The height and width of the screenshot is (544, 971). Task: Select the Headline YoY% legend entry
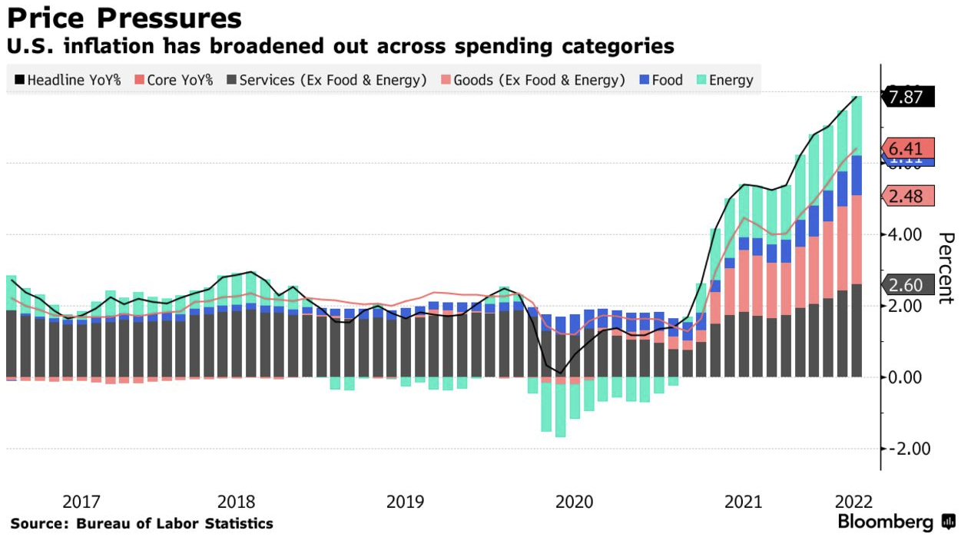[x=68, y=80]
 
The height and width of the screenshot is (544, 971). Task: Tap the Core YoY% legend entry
[x=174, y=80]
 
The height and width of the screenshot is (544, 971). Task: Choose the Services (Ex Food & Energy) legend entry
[x=326, y=80]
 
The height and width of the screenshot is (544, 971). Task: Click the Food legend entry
[x=661, y=80]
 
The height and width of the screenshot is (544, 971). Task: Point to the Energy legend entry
[x=724, y=80]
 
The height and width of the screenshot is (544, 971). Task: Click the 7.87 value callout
[x=909, y=97]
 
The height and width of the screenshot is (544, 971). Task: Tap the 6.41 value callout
[x=909, y=148]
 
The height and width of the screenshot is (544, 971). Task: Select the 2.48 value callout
[x=909, y=196]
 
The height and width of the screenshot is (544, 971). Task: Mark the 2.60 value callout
[x=909, y=285]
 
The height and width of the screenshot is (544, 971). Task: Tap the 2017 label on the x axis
[x=81, y=502]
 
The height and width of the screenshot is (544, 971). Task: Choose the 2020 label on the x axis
[x=574, y=502]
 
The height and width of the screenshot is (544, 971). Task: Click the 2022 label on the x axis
[x=853, y=502]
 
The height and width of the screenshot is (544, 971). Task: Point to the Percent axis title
[x=946, y=268]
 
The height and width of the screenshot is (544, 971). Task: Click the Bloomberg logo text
[x=885, y=522]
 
